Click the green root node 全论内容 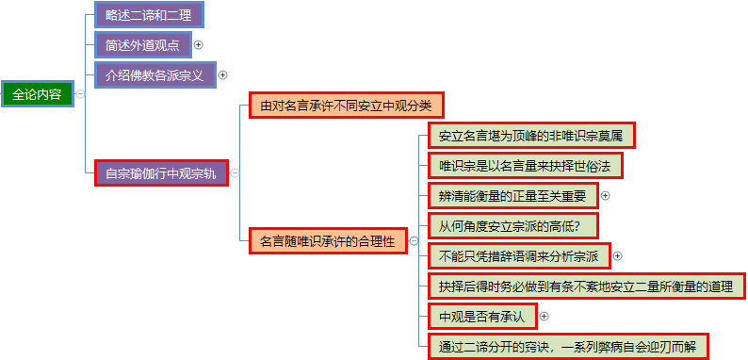pos(38,94)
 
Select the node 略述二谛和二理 pos(149,15)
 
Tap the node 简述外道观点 pos(143,45)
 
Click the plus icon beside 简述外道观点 pos(199,45)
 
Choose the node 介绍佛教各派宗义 pos(155,75)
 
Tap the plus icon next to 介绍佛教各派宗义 pos(222,75)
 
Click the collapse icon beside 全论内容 pos(80,94)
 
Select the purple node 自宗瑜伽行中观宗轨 pos(162,172)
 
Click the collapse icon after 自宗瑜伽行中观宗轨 pos(235,172)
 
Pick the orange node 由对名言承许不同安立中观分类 pos(347,105)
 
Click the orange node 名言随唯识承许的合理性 pos(328,240)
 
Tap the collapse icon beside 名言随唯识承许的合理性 pos(414,240)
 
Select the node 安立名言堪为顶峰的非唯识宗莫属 pos(531,136)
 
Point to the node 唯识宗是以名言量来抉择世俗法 pos(526,166)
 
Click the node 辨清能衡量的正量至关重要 pos(513,196)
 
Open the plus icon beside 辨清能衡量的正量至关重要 pos(606,196)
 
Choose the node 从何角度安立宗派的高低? pos(513,226)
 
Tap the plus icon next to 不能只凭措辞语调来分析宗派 pos(617,256)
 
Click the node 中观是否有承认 pos(482,316)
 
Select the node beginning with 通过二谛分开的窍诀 pos(568,346)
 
